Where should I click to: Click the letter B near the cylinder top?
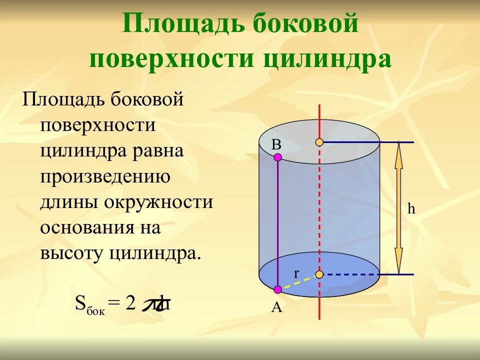(276, 144)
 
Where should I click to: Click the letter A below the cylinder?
(276, 307)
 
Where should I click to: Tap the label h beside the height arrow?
(411, 209)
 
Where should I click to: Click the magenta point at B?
(278, 157)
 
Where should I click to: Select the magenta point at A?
(278, 289)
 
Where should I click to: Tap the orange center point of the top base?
(319, 142)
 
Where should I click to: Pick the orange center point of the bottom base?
(319, 274)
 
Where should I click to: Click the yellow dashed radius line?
(299, 282)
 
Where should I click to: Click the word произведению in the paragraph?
(106, 176)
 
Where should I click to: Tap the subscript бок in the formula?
(96, 311)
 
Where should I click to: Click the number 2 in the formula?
(131, 303)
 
